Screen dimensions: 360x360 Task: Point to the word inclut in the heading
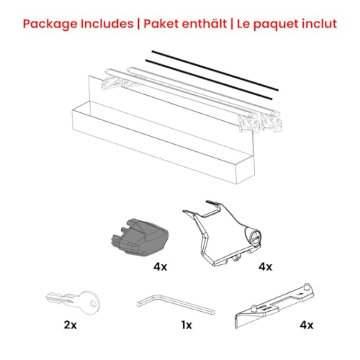[320, 24]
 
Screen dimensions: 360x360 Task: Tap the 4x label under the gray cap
[160, 267]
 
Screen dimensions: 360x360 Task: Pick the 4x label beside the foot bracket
[264, 267]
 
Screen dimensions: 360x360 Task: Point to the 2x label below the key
[70, 325]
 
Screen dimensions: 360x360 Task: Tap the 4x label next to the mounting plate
[307, 325]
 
